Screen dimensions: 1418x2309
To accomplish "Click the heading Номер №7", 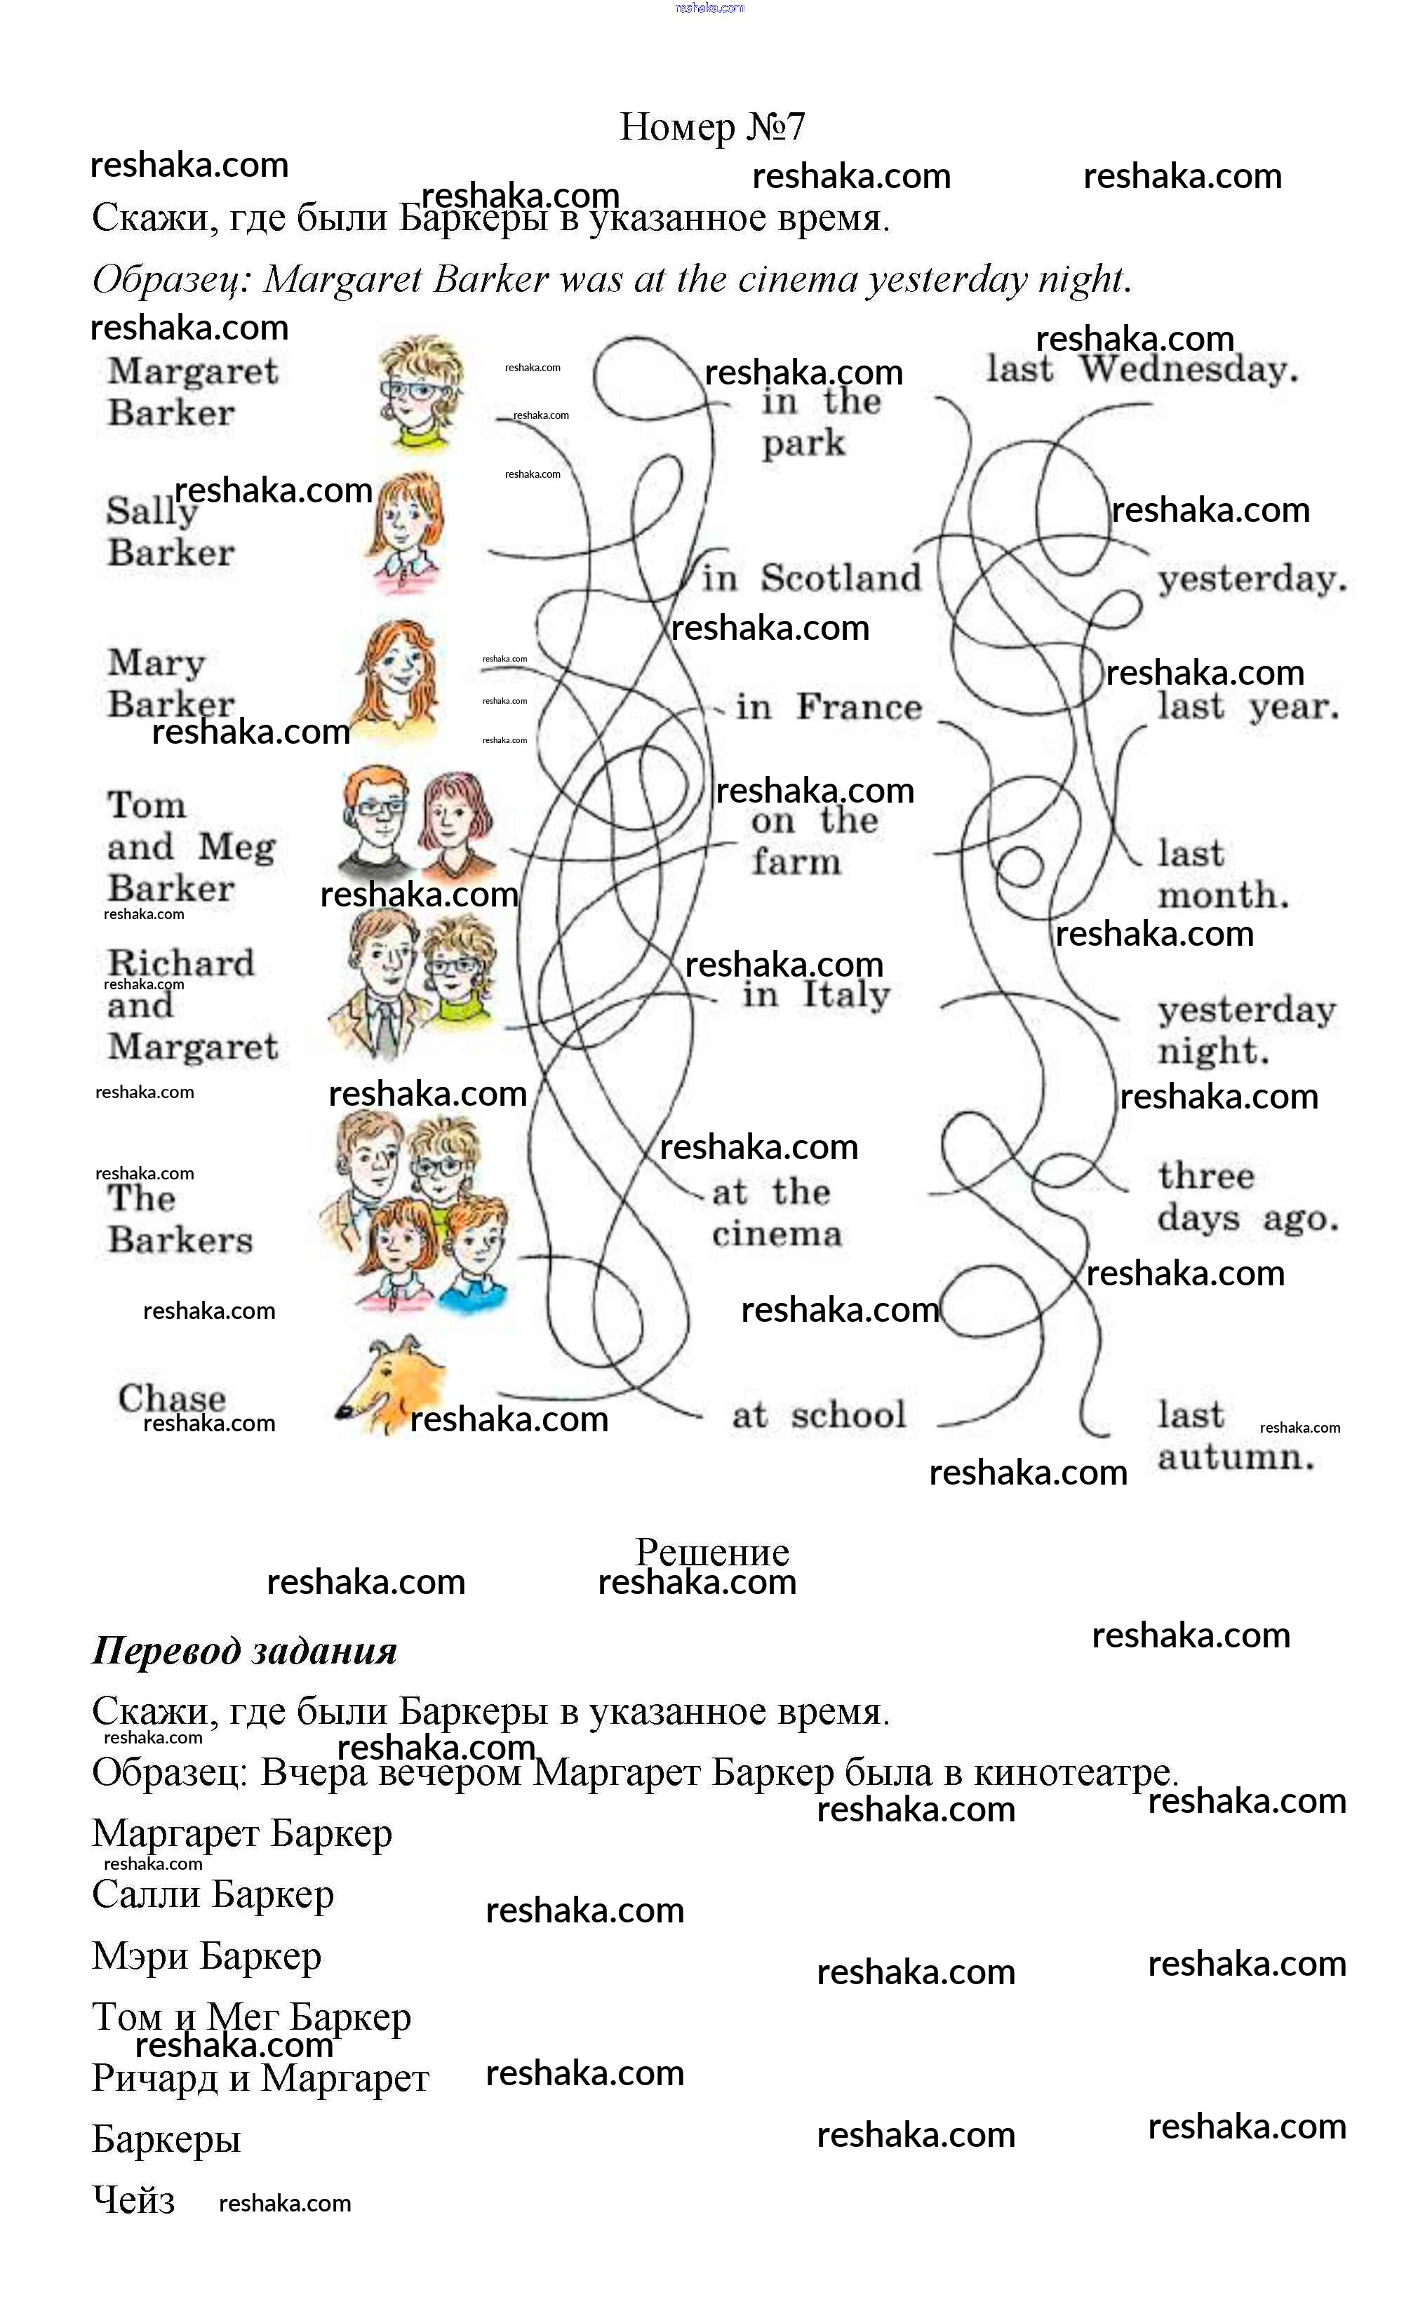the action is coord(712,126).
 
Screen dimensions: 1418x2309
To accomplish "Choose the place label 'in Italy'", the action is coord(816,995).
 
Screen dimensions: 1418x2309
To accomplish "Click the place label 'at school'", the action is coord(819,1415).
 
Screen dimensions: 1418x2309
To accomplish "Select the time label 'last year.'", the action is coord(1248,707).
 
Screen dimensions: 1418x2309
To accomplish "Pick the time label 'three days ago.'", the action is coord(1248,1198).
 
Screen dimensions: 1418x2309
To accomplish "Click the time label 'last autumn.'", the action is coord(1235,1436).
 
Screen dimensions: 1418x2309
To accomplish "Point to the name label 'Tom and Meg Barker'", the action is coord(192,847).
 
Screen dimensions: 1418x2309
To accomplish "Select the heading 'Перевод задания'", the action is coord(245,1652).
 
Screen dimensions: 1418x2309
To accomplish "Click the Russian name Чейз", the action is coord(133,2200).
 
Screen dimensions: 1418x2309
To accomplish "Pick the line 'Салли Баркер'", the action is coord(213,1894).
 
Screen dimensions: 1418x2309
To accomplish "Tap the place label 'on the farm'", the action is coord(813,841).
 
